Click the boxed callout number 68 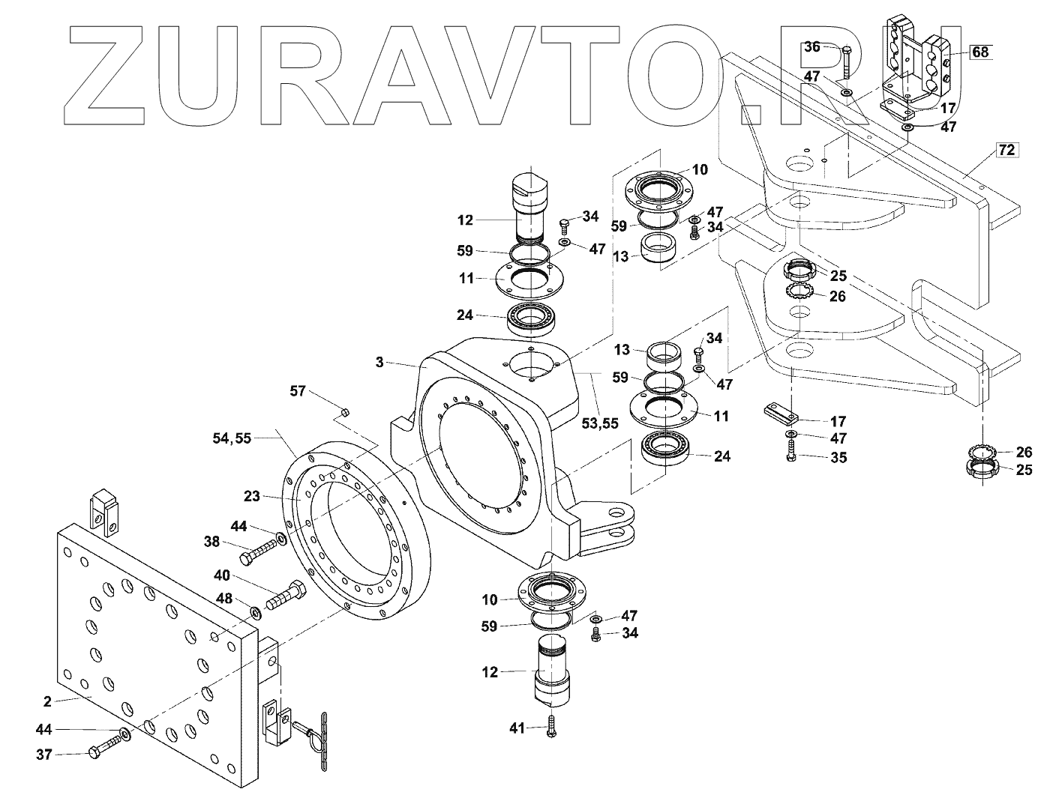coord(981,52)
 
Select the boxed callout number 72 coord(1006,151)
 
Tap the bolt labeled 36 coord(846,61)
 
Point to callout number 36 coord(812,46)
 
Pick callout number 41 coord(517,728)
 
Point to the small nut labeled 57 coord(344,412)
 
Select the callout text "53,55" coord(600,423)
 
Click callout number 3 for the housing coord(379,363)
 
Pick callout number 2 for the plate coord(47,701)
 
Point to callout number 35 coord(838,457)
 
